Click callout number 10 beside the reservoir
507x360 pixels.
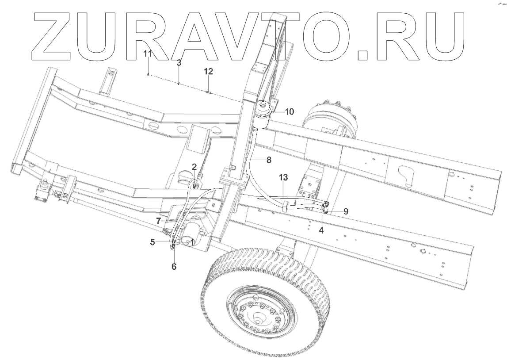(290, 112)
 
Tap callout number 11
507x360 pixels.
(148, 54)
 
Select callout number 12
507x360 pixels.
(209, 71)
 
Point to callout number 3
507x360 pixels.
(179, 63)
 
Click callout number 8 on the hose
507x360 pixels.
(269, 160)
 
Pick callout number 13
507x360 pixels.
(283, 177)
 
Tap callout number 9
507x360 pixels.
(346, 211)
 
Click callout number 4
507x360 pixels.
(321, 230)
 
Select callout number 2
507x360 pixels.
(194, 167)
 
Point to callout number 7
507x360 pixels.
(158, 221)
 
